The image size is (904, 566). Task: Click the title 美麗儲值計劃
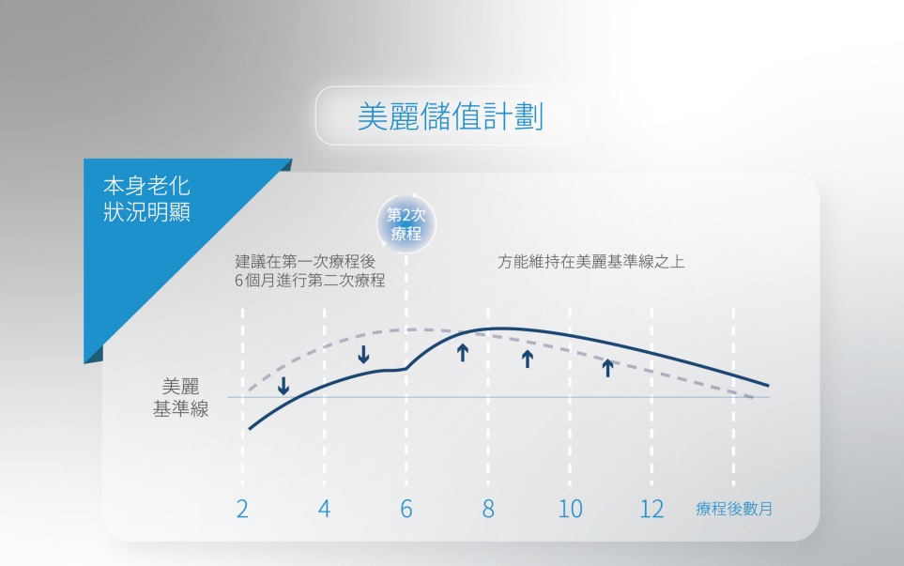pyautogui.click(x=452, y=116)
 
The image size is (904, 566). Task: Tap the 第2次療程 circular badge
pyautogui.click(x=406, y=225)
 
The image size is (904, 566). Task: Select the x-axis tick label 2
pyautogui.click(x=242, y=510)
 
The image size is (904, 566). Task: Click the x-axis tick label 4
pyautogui.click(x=324, y=510)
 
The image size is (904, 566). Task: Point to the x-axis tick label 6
pyautogui.click(x=406, y=510)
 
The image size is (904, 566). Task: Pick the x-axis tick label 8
pyautogui.click(x=488, y=510)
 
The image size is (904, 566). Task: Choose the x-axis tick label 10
pyautogui.click(x=570, y=510)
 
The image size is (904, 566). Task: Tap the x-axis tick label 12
pyautogui.click(x=651, y=510)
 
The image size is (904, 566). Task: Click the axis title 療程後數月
pyautogui.click(x=734, y=510)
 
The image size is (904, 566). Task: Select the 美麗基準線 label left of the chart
pyautogui.click(x=181, y=398)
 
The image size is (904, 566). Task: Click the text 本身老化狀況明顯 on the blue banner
pyautogui.click(x=146, y=198)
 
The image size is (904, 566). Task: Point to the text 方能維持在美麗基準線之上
pyautogui.click(x=591, y=262)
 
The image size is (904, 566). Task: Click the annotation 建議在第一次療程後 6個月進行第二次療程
pyautogui.click(x=310, y=270)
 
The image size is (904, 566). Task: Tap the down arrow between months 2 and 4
pyautogui.click(x=283, y=386)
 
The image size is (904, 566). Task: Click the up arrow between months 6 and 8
pyautogui.click(x=462, y=352)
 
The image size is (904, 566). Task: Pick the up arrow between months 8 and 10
pyautogui.click(x=527, y=359)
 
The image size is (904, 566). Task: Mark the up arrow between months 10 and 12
pyautogui.click(x=607, y=367)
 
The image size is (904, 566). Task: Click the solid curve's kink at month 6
pyautogui.click(x=406, y=369)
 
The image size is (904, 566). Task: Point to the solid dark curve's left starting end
pyautogui.click(x=251, y=428)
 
